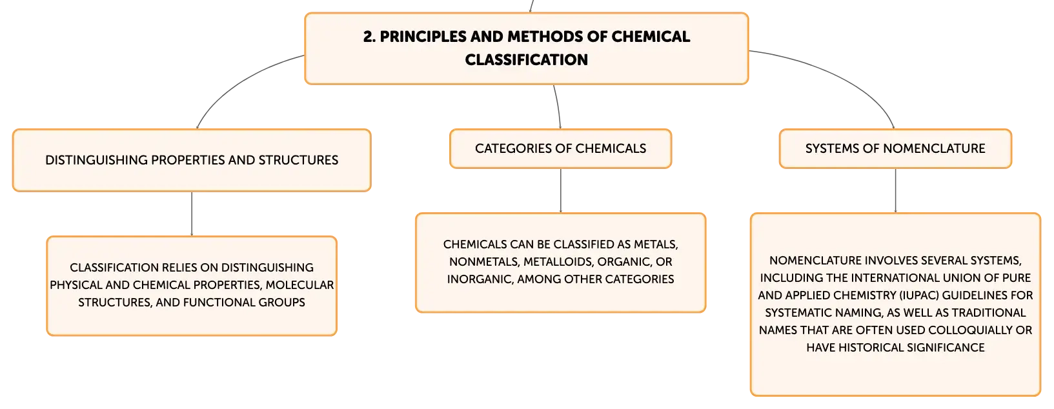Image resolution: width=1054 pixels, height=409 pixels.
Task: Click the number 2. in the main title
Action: point(369,37)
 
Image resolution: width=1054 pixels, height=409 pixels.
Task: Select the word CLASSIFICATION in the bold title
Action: point(527,60)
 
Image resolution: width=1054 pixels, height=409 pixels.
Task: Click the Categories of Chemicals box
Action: point(560,148)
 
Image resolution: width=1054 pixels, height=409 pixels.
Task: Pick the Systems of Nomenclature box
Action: point(895,148)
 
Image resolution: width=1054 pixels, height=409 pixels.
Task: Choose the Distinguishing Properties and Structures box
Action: point(192,160)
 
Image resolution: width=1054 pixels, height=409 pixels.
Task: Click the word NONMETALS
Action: point(483,262)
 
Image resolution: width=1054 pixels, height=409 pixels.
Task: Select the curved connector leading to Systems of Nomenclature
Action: point(842,75)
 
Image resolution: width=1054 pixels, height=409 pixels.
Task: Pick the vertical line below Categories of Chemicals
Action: point(560,190)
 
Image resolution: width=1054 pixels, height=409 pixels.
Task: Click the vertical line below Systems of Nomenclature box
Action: point(895,190)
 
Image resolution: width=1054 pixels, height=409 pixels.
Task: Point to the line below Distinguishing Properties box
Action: point(192,214)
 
